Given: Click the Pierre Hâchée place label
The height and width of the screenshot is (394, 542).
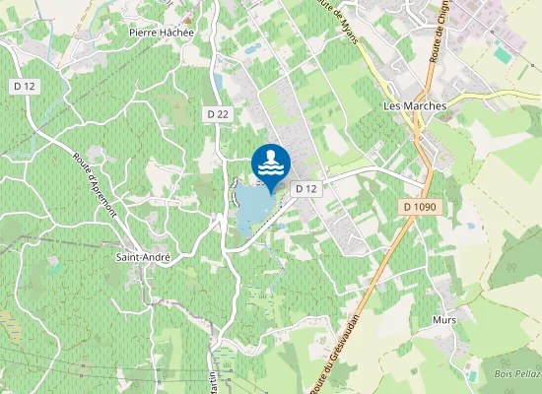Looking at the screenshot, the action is pyautogui.click(x=163, y=32).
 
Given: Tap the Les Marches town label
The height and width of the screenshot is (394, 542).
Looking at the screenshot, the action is pyautogui.click(x=414, y=105).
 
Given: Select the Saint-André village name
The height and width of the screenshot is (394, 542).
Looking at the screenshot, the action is pyautogui.click(x=144, y=257).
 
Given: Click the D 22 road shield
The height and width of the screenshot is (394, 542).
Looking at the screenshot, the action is pyautogui.click(x=219, y=114).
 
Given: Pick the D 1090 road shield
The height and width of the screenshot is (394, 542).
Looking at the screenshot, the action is pyautogui.click(x=420, y=207).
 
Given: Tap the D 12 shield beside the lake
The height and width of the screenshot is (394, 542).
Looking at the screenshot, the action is pyautogui.click(x=306, y=188).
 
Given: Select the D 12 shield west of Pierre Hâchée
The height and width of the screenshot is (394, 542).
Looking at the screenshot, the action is pyautogui.click(x=25, y=87).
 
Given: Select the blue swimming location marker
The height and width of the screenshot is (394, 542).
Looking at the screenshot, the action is pyautogui.click(x=271, y=163).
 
